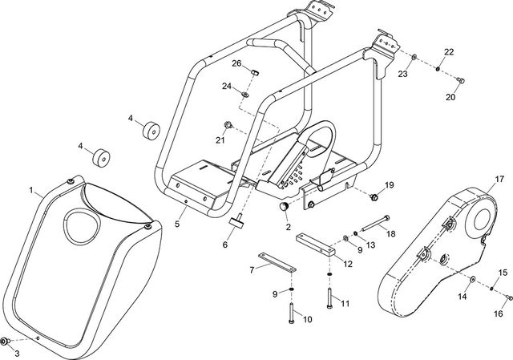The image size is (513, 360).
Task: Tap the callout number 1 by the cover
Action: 31,191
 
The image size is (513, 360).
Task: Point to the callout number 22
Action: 449,52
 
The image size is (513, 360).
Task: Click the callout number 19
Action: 390,185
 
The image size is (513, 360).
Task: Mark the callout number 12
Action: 347,263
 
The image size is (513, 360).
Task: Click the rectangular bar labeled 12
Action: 314,242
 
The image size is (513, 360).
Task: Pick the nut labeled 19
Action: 375,196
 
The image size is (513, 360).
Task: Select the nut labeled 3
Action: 6,342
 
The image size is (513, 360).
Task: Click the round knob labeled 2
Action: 283,208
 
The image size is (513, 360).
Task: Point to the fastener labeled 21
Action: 228,124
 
